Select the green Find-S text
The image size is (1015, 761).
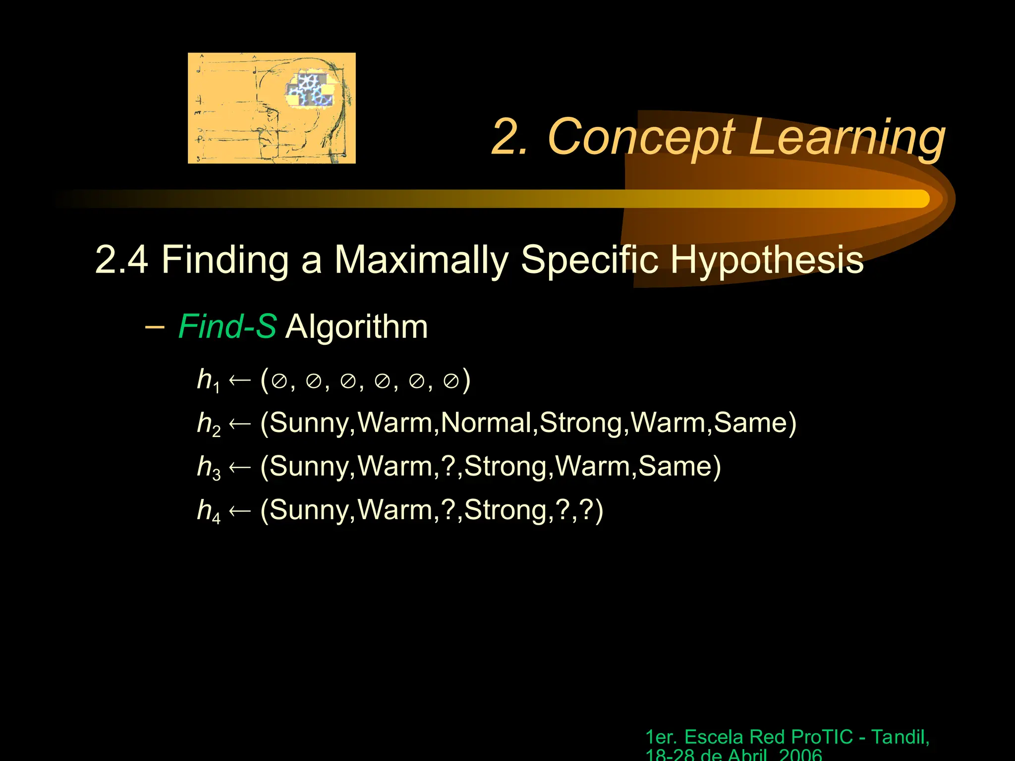227,327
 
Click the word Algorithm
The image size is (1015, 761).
356,327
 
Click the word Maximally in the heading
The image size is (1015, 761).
422,260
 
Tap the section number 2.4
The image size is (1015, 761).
121,260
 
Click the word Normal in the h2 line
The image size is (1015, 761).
486,423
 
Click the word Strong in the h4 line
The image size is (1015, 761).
506,510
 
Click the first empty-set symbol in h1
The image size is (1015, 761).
280,381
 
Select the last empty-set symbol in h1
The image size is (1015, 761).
451,381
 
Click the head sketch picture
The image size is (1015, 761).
272,108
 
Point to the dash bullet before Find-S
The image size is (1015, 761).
155,327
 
